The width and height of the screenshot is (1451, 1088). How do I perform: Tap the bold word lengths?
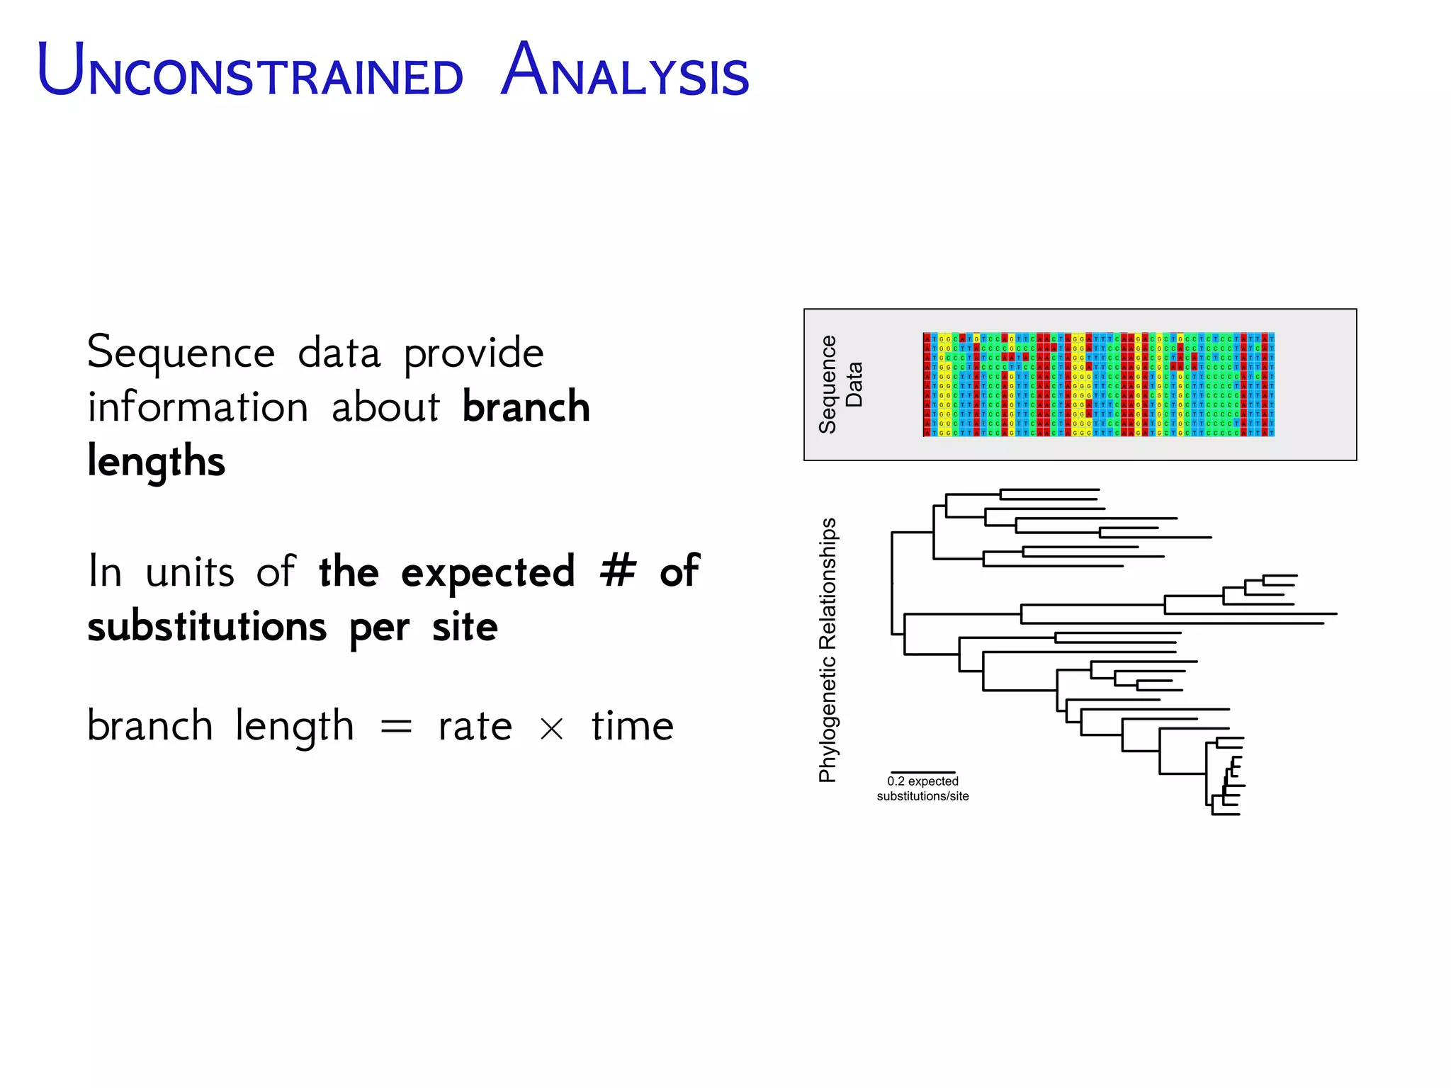coord(156,462)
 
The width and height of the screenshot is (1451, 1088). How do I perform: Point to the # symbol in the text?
coord(618,571)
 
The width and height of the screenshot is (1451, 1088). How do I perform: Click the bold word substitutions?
coord(207,627)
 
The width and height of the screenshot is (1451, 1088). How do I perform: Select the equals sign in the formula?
coord(396,727)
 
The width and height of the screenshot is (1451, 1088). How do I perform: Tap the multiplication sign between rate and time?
coord(552,729)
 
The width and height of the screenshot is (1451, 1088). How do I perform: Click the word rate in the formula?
coord(475,727)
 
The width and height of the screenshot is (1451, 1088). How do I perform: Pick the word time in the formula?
coord(633,726)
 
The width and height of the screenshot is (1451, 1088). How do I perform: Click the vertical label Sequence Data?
coord(840,385)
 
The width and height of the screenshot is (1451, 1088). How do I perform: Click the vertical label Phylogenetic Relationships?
coord(828,650)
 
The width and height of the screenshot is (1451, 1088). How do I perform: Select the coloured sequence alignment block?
coord(1098,385)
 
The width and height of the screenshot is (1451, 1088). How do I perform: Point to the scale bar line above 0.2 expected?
coord(922,772)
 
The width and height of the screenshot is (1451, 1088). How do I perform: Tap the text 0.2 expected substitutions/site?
coord(922,788)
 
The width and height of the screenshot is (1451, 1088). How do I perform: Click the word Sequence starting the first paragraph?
coord(181,353)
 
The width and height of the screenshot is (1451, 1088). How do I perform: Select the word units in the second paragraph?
coord(189,572)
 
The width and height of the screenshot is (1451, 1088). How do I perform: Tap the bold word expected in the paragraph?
coord(487,572)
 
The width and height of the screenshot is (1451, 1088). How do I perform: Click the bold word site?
coord(465,627)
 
